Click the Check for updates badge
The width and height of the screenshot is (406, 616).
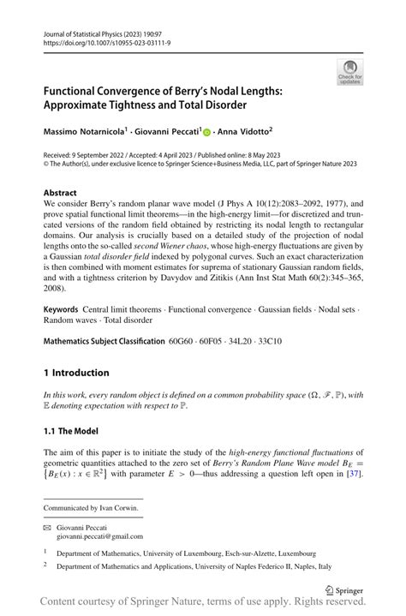click(x=350, y=72)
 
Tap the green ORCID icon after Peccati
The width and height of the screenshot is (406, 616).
click(x=206, y=132)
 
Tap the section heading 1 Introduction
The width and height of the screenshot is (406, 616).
click(x=76, y=373)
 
